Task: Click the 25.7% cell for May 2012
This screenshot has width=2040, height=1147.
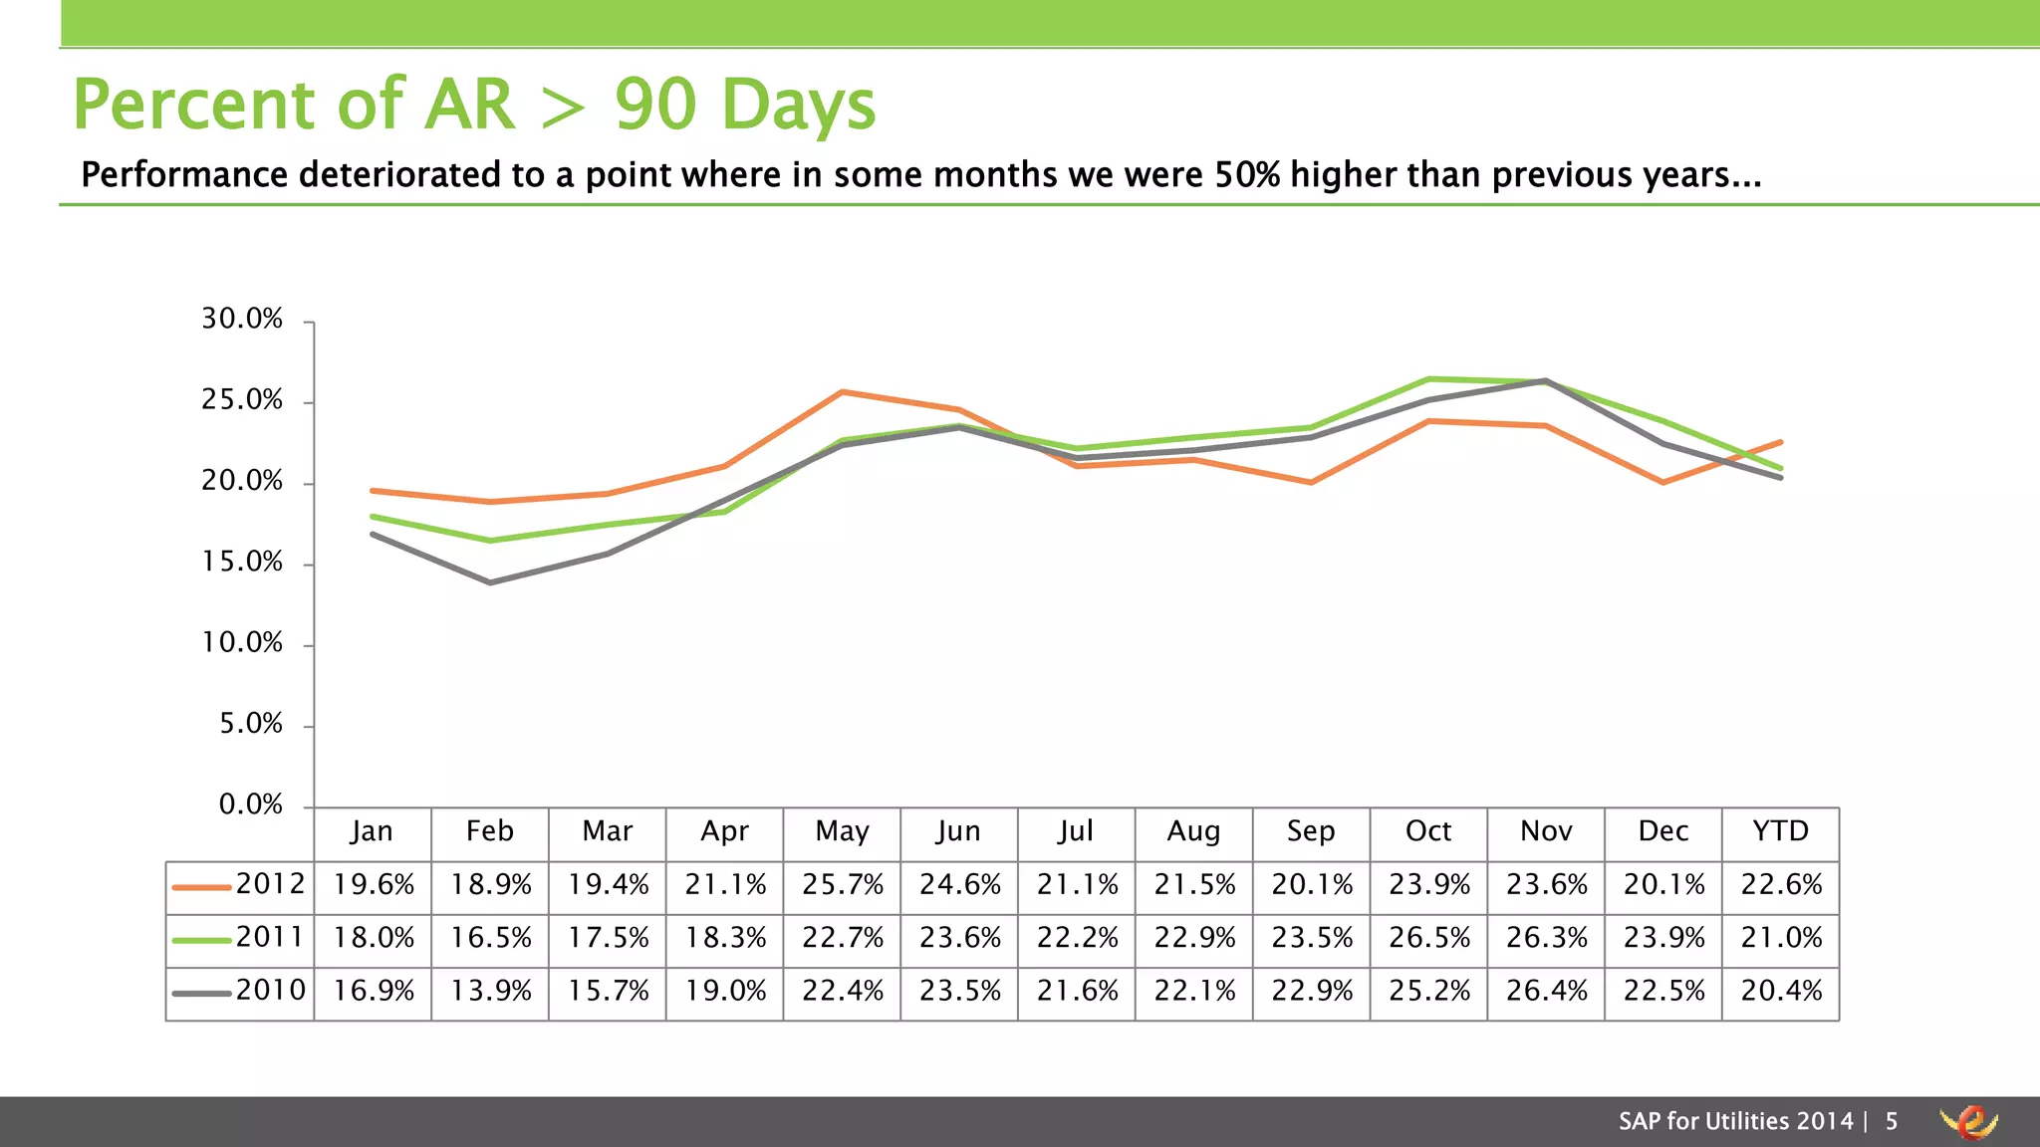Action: click(x=842, y=885)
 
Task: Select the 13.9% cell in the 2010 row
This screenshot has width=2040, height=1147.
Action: click(x=490, y=992)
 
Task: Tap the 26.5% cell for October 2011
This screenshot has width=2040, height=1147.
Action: click(x=1428, y=938)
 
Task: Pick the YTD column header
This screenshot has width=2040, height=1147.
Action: click(x=1780, y=831)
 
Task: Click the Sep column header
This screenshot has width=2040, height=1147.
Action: click(x=1311, y=831)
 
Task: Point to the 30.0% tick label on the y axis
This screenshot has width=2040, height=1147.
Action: click(x=242, y=320)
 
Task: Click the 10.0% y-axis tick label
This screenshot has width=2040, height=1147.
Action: click(x=242, y=643)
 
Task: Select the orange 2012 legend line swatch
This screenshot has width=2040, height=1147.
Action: click(x=201, y=887)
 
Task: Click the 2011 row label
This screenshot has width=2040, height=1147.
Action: click(x=270, y=938)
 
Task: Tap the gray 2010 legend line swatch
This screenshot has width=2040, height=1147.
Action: click(x=201, y=994)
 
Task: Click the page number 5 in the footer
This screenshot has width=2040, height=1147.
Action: click(x=1891, y=1122)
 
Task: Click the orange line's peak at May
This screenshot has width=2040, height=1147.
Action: click(x=843, y=392)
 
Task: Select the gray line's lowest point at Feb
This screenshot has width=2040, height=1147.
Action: click(x=490, y=582)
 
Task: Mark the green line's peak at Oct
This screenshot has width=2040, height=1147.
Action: click(x=1429, y=379)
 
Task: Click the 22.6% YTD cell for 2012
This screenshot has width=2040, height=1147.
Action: click(x=1780, y=885)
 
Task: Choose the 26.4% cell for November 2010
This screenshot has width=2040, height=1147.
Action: click(x=1546, y=992)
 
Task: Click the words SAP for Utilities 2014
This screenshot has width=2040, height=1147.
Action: click(x=1735, y=1122)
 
